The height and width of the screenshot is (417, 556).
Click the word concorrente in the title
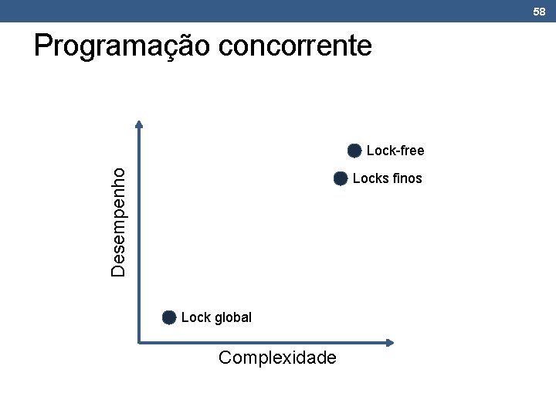(x=295, y=46)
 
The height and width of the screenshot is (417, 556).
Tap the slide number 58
(x=539, y=11)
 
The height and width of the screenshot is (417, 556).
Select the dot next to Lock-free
(x=354, y=150)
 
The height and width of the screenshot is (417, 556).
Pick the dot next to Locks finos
(x=341, y=178)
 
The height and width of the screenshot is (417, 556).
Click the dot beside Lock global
(x=169, y=317)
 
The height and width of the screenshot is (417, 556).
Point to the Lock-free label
(x=395, y=150)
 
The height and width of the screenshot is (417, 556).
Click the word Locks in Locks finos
(x=371, y=178)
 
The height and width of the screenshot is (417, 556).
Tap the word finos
(x=407, y=178)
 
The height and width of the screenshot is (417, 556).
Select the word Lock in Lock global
(x=195, y=317)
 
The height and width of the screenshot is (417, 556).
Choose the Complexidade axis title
(x=277, y=358)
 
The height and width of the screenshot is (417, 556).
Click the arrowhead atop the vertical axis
(x=139, y=123)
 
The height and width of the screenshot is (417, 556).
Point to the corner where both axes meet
(x=139, y=342)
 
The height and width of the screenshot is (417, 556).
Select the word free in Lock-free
(x=411, y=150)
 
